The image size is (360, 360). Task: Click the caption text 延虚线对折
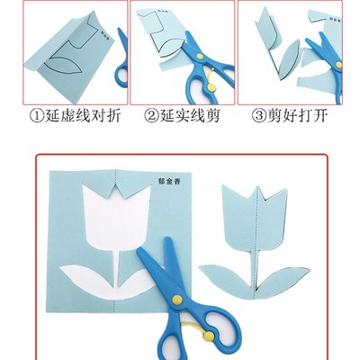tap(74, 114)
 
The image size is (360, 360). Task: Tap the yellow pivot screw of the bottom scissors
tap(178, 298)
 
